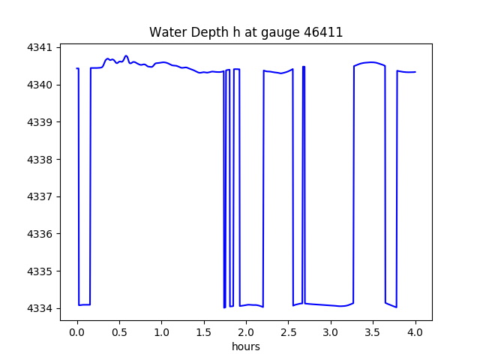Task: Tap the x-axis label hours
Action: coord(246,346)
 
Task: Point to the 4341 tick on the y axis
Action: coord(43,47)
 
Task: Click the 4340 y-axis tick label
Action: coord(43,85)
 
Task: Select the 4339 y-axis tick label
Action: coord(43,122)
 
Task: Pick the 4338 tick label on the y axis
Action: coord(43,160)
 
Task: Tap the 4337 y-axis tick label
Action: coord(43,196)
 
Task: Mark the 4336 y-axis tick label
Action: coord(43,234)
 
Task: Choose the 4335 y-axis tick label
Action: coord(43,271)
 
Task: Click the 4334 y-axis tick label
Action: coord(43,308)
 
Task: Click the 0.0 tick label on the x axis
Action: coord(77,331)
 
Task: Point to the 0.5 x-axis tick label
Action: coord(119,331)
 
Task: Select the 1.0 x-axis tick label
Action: coord(162,331)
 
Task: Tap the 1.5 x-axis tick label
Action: coord(204,331)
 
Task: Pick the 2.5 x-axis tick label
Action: coord(289,331)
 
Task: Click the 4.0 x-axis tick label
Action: coord(415,331)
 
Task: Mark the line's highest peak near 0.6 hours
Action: coord(126,56)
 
